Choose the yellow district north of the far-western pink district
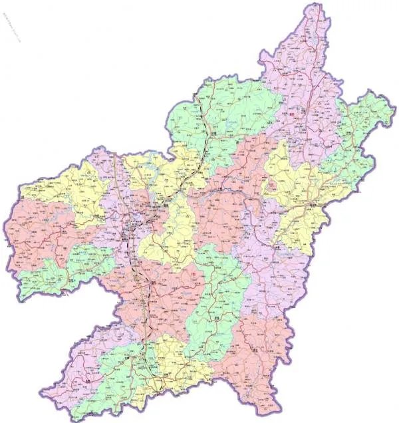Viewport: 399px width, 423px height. click(60, 190)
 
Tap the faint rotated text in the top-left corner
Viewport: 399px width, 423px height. click(10, 27)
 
